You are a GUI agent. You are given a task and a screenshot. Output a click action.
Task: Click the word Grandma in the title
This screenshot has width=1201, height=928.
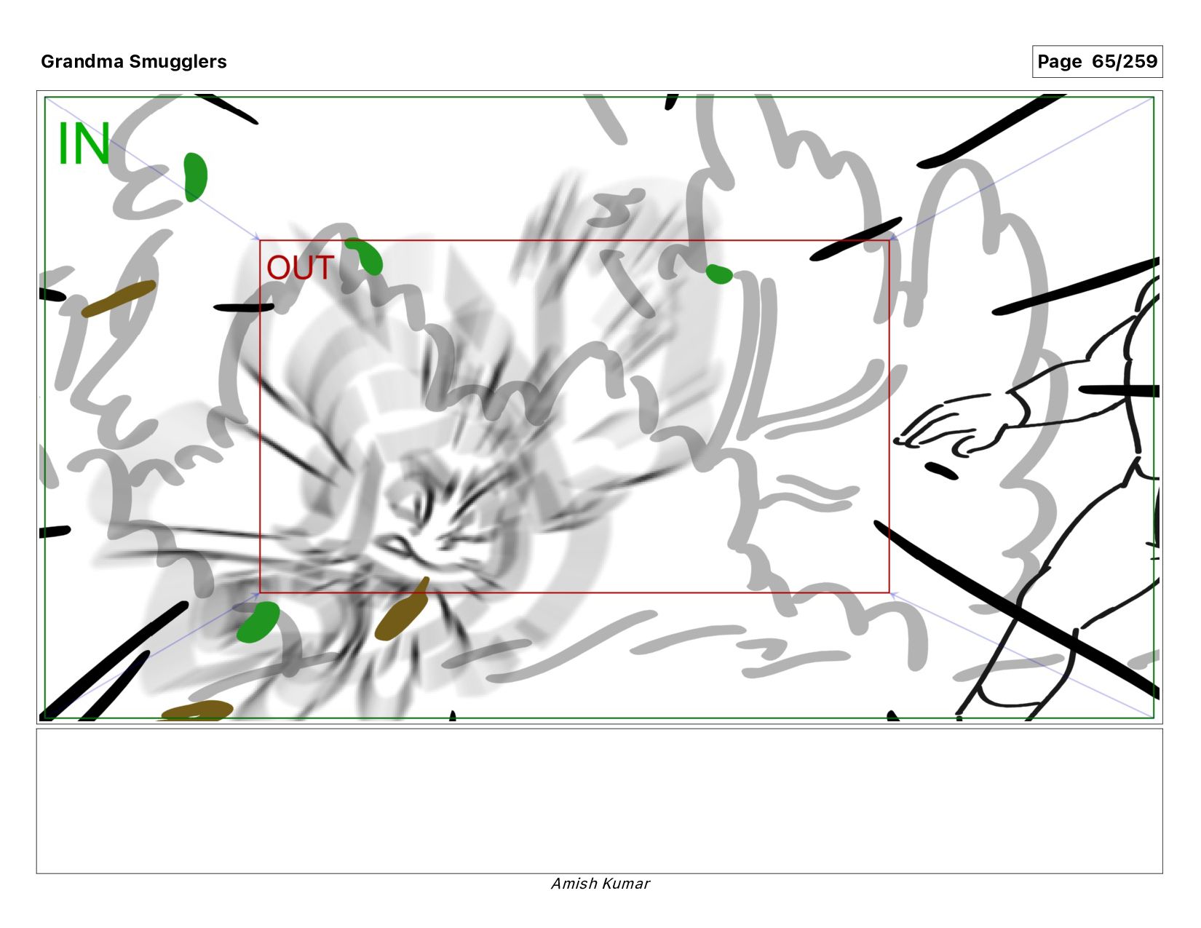82,61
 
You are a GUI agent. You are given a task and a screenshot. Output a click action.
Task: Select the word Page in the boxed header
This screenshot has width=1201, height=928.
1060,62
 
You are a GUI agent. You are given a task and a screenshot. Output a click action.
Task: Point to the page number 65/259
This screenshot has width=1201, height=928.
1125,61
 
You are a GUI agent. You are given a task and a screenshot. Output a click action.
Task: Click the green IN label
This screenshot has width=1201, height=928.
84,143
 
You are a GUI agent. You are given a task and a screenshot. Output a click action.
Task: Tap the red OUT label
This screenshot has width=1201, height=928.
300,268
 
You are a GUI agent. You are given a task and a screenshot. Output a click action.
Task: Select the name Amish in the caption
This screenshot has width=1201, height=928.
574,884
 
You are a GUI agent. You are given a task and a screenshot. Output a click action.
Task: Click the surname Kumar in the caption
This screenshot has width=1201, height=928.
626,884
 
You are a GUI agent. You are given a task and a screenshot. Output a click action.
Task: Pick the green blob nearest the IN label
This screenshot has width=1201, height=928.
195,177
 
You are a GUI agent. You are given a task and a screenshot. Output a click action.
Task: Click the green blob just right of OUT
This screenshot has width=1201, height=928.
365,255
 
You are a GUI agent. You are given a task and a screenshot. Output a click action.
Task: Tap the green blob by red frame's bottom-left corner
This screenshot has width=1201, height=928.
258,622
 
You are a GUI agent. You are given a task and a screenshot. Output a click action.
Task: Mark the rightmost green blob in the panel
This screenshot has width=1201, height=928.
719,274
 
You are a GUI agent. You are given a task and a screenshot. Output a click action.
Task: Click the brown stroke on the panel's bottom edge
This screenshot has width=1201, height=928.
197,710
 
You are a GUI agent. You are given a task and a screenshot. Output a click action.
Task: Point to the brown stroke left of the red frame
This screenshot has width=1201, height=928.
119,298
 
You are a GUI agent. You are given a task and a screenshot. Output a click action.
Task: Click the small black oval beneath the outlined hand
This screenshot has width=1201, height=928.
941,471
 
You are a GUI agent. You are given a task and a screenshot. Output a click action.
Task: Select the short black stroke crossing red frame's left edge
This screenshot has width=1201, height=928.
244,307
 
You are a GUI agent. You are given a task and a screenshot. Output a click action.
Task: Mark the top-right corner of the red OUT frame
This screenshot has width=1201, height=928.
889,240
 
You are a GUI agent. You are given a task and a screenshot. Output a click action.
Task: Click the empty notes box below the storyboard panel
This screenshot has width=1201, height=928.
600,801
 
